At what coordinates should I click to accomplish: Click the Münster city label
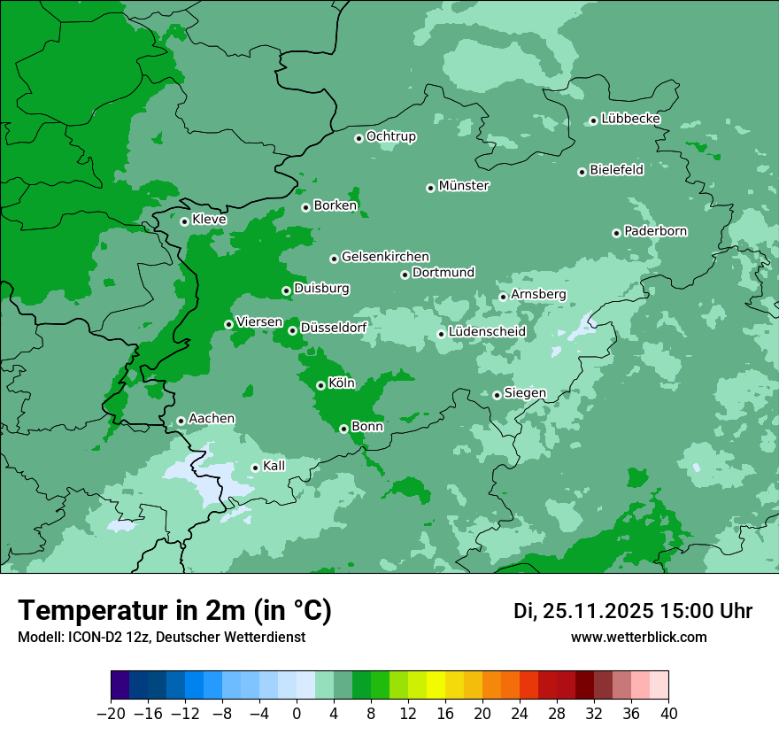[x=464, y=186]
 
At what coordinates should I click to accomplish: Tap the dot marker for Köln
[x=320, y=385]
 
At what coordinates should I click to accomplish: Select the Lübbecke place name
[x=630, y=119]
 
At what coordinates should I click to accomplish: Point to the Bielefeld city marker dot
[x=582, y=172]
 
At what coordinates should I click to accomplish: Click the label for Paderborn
[x=655, y=231]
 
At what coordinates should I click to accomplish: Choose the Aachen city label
[x=212, y=419]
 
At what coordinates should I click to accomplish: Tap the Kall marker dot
[x=255, y=468]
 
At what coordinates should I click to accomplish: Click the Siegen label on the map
[x=525, y=393]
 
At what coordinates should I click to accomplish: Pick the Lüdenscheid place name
[x=487, y=332]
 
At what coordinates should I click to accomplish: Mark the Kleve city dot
[x=184, y=221]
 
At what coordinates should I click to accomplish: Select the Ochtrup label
[x=390, y=136]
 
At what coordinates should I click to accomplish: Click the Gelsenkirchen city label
[x=385, y=257]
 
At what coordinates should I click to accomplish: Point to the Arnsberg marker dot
[x=503, y=297]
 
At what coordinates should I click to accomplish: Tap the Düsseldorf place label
[x=334, y=328]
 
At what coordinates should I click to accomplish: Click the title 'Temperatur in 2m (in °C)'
[x=175, y=610]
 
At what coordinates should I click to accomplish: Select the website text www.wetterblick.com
[x=638, y=637]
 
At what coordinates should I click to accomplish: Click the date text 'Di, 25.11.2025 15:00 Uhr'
[x=632, y=611]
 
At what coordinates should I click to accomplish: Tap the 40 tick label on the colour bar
[x=668, y=714]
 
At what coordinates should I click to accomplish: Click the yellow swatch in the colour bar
[x=436, y=685]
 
